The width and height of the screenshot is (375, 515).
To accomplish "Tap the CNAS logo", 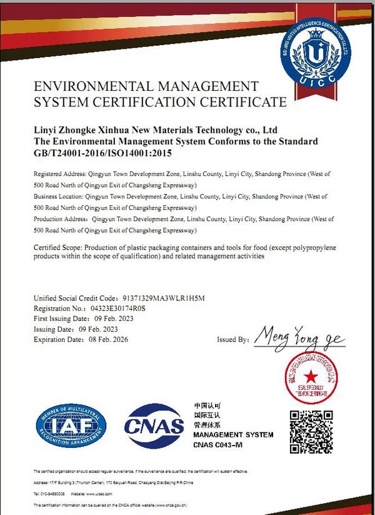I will [154, 426].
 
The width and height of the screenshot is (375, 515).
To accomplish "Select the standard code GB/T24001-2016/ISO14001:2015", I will [102, 152].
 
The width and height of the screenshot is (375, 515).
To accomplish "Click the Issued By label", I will [233, 340].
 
